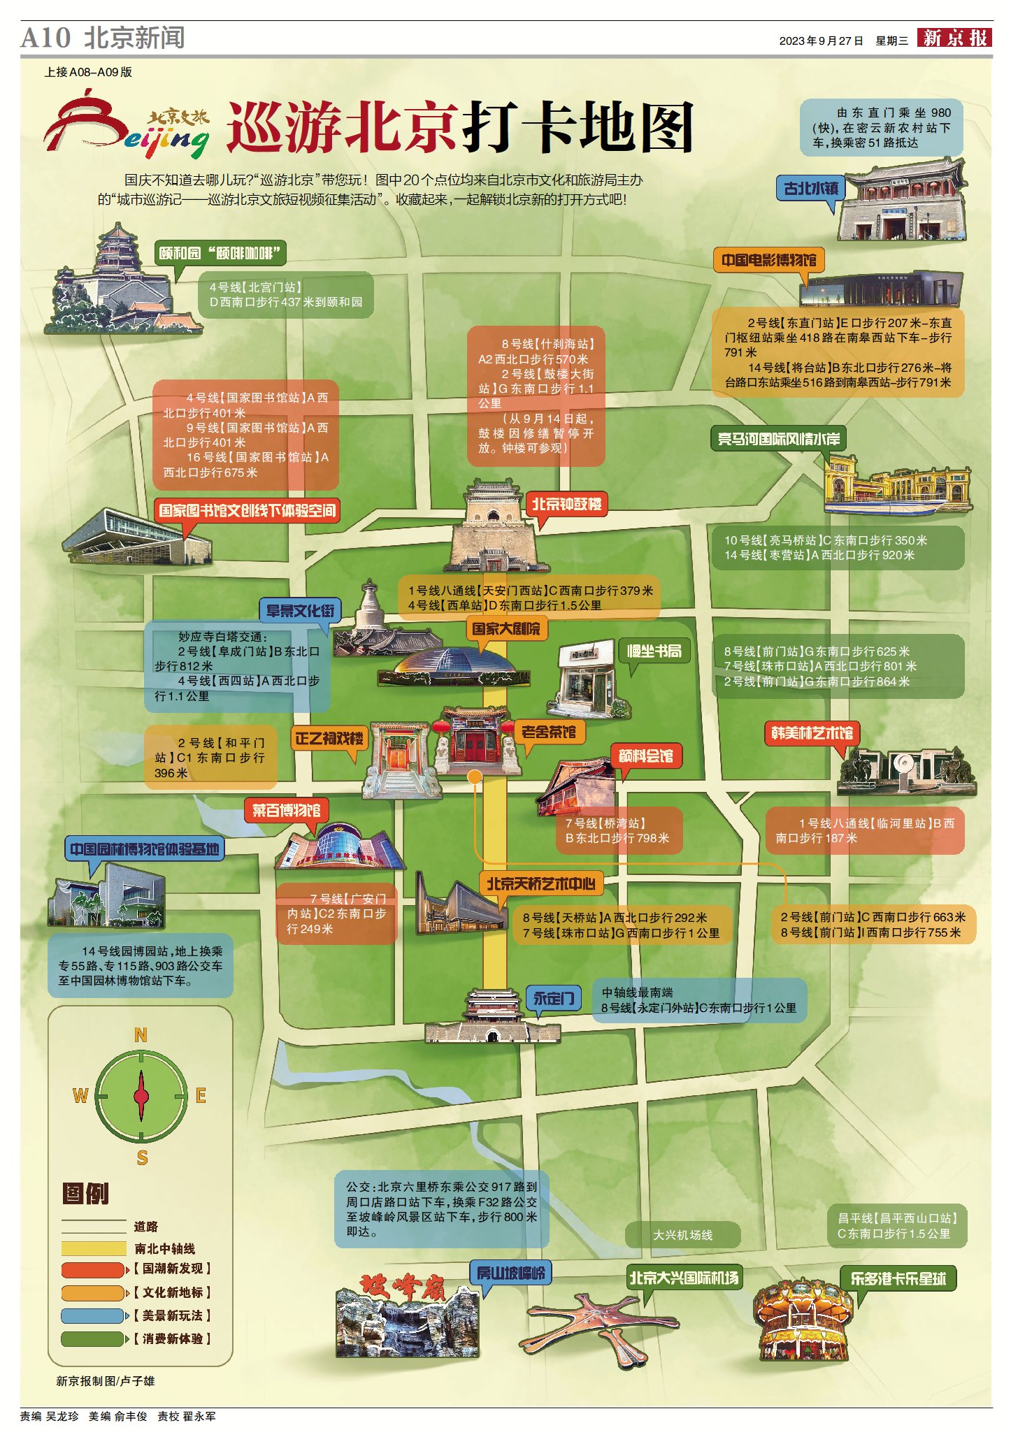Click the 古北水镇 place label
(x=811, y=188)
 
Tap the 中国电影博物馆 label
(x=768, y=260)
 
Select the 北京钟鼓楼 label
(x=566, y=504)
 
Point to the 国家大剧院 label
(x=506, y=628)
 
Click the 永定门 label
(x=554, y=997)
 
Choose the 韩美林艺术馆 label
(x=812, y=732)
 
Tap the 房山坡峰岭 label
(x=510, y=1272)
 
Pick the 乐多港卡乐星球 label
(x=898, y=1278)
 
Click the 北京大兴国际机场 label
(x=683, y=1278)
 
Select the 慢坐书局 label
(x=654, y=651)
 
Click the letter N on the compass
(x=141, y=1035)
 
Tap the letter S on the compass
(x=142, y=1157)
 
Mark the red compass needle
(x=141, y=1096)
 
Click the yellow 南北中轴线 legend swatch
(x=94, y=1248)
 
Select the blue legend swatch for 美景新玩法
(x=92, y=1315)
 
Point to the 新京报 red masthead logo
(x=954, y=38)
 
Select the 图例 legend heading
(x=85, y=1193)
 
